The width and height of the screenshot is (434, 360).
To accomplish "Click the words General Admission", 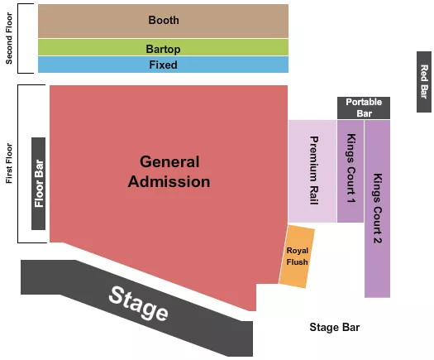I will tap(169, 171).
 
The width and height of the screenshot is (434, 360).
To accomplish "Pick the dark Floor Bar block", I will tap(38, 184).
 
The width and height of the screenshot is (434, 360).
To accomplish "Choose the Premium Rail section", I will tap(312, 170).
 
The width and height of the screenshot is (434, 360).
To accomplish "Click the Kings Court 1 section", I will tap(351, 170).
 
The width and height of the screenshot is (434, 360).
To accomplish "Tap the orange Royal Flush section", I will tap(297, 257).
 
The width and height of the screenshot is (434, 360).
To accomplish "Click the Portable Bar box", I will tap(364, 107).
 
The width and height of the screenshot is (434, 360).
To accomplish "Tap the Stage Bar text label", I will tap(335, 328).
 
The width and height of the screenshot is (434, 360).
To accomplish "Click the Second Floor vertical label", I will tap(9, 38).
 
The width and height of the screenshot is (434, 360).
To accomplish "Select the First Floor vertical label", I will tap(9, 163).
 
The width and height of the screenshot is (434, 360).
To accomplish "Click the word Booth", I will tap(163, 20).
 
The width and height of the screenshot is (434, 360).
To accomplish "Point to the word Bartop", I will tap(163, 49).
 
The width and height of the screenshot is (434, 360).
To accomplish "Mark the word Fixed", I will tap(163, 65).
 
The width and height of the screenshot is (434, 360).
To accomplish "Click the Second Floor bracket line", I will tap(18, 38).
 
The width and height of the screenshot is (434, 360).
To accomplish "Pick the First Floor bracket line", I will tap(18, 163).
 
